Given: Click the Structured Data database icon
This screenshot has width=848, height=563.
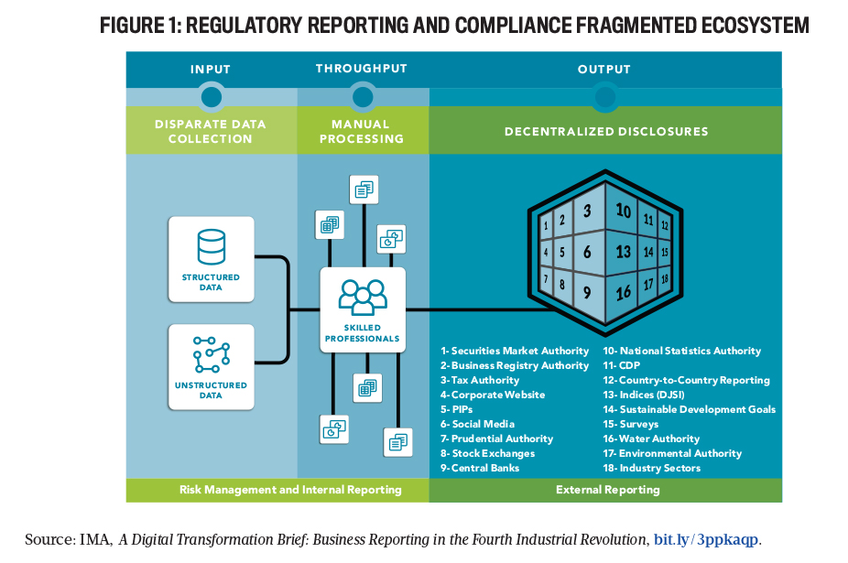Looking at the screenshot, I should pyautogui.click(x=211, y=247).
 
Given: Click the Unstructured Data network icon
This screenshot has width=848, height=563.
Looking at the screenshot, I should pyautogui.click(x=211, y=356).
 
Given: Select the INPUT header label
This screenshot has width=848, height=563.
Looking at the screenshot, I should pyautogui.click(x=211, y=70).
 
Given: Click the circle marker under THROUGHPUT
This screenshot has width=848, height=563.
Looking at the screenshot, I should pyautogui.click(x=363, y=96).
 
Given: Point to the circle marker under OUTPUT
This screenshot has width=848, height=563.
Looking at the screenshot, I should pyautogui.click(x=604, y=96).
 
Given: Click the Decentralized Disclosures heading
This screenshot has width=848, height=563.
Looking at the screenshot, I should pyautogui.click(x=606, y=131).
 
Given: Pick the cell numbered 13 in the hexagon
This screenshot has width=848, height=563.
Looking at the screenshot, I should pyautogui.click(x=624, y=251).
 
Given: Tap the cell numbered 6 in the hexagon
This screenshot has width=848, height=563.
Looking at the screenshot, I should pyautogui.click(x=587, y=251).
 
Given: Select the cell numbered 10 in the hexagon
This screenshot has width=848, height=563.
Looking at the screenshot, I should pyautogui.click(x=624, y=211).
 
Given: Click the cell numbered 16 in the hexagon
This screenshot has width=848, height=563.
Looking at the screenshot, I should pyautogui.click(x=624, y=293).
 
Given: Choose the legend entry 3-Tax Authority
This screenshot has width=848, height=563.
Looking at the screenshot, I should pyautogui.click(x=480, y=380).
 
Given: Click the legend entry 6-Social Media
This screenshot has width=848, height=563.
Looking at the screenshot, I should pyautogui.click(x=477, y=424).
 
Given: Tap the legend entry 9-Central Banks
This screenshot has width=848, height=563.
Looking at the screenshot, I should pyautogui.click(x=480, y=468).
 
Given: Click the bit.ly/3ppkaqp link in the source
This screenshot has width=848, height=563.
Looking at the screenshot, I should pyautogui.click(x=706, y=539).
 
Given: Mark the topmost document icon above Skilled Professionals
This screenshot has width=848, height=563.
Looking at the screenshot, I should pyautogui.click(x=364, y=189).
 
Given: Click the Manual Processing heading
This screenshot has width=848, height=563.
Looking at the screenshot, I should pyautogui.click(x=363, y=131).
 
